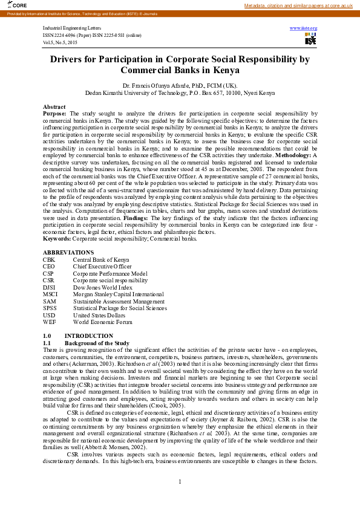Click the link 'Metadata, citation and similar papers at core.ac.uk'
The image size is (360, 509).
[298, 5]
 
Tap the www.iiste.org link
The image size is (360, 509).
[304, 28]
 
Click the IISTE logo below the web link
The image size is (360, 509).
[310, 39]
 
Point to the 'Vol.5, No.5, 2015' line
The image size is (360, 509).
[61, 43]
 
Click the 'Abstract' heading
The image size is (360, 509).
[54, 106]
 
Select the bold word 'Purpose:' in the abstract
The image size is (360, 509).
[55, 113]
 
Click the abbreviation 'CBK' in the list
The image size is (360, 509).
[49, 259]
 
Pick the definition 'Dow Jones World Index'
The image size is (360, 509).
[103, 287]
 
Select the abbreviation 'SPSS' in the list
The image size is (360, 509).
[50, 308]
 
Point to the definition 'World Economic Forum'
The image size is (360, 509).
[102, 322]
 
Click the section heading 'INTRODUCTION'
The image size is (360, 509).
[88, 336]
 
